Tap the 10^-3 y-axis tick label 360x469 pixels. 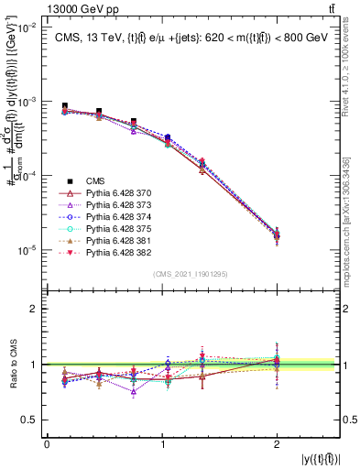click(x=25, y=102)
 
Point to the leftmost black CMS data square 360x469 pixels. click(x=64, y=106)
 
